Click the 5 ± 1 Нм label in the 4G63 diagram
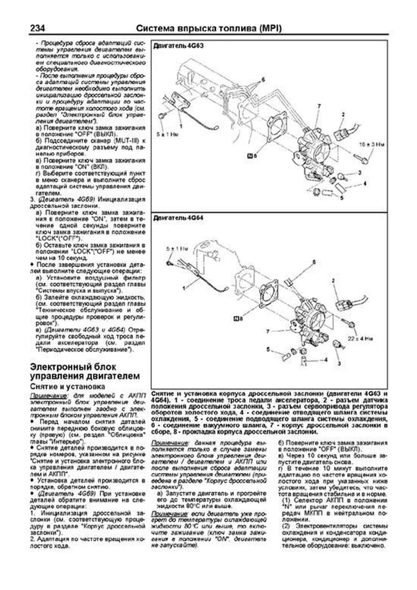(167, 134)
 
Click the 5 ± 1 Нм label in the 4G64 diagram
(177, 249)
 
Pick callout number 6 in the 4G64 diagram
(314, 262)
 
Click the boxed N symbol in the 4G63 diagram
(249, 156)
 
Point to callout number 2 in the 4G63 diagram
(343, 114)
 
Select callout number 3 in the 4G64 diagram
(339, 363)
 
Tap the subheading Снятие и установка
(67, 386)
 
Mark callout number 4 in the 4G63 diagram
(365, 183)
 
